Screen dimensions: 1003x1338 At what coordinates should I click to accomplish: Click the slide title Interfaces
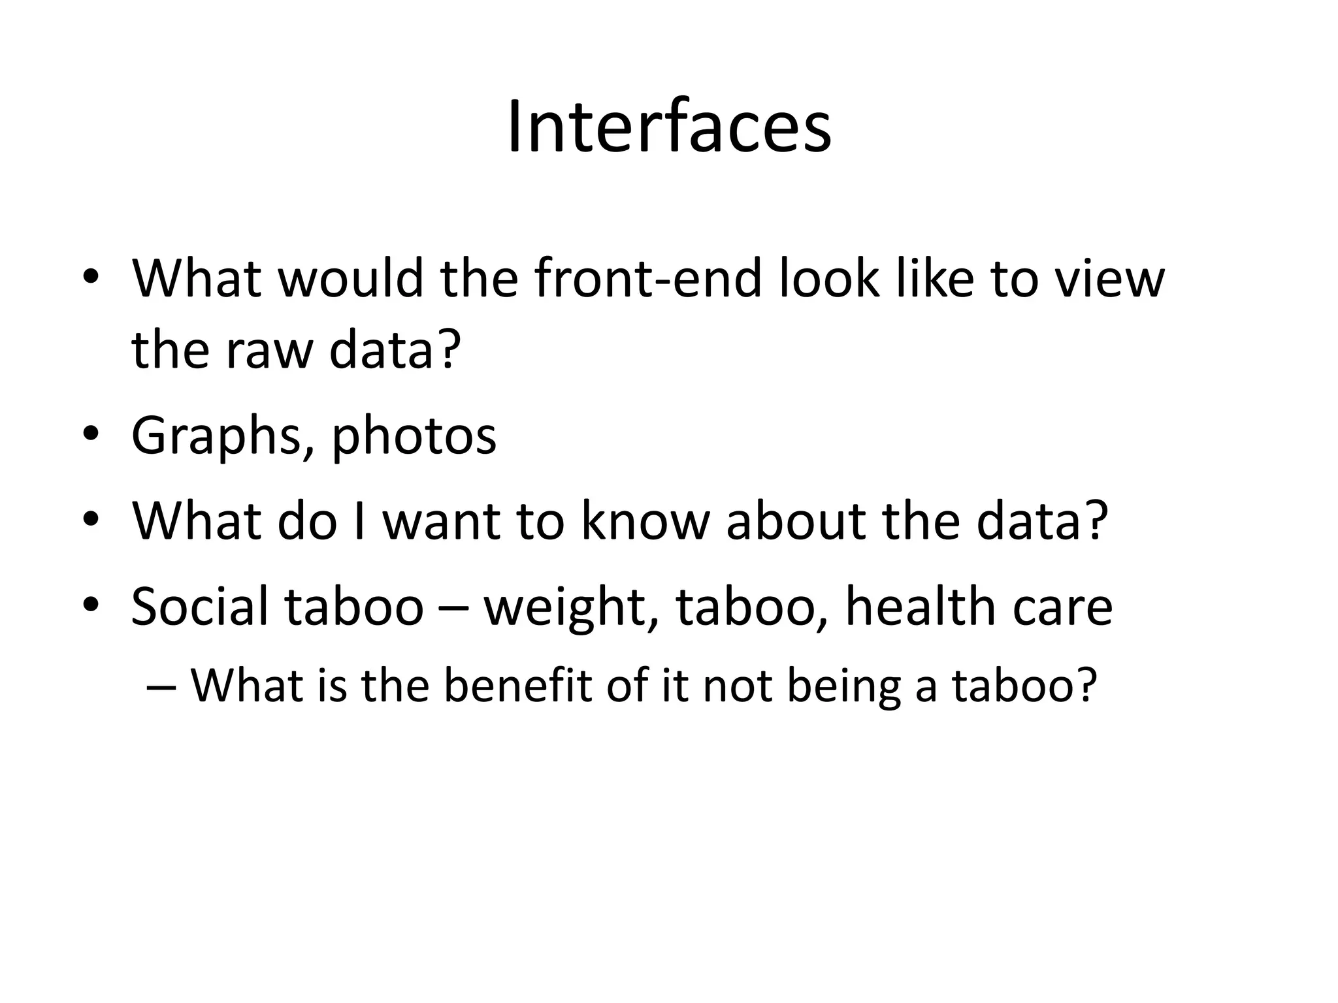pyautogui.click(x=668, y=127)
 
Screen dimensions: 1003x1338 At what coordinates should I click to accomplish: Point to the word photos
pyautogui.click(x=414, y=436)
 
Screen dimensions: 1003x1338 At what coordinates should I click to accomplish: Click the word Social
pyautogui.click(x=199, y=606)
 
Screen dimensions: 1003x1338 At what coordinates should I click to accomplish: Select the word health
pyautogui.click(x=919, y=606)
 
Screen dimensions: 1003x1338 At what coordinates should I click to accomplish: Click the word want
pyautogui.click(x=442, y=522)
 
